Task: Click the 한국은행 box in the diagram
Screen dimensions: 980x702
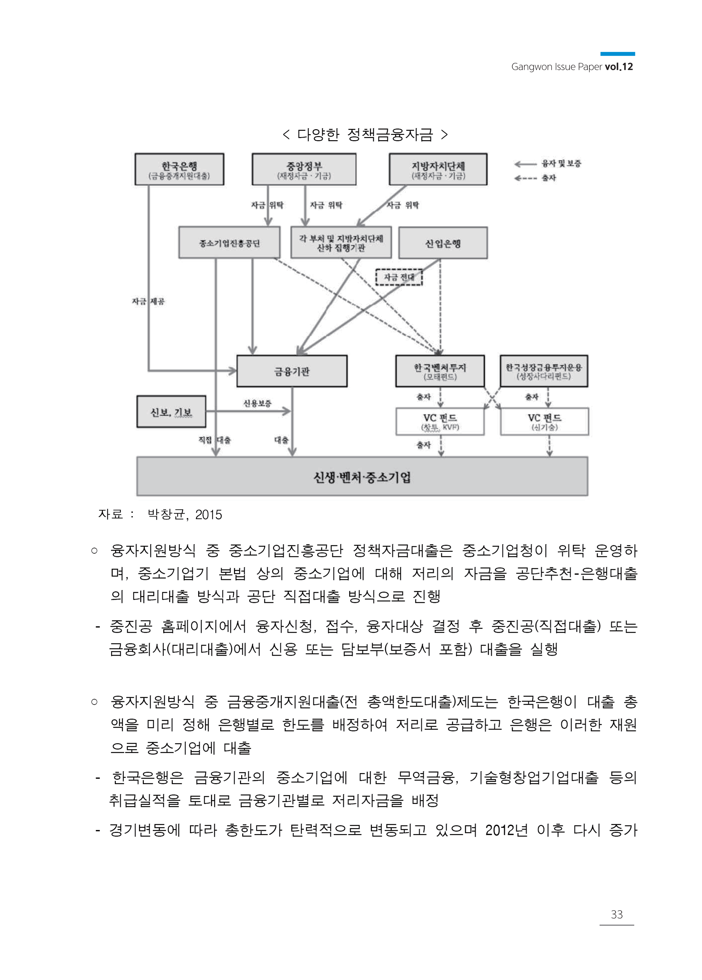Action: [x=179, y=169]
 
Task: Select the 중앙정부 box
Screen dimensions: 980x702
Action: [x=304, y=169]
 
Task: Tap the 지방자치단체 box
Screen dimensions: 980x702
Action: [x=438, y=169]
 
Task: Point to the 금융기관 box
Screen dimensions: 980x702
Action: [x=292, y=371]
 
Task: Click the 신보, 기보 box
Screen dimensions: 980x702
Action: [x=171, y=412]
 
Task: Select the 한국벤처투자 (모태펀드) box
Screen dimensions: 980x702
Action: [x=440, y=371]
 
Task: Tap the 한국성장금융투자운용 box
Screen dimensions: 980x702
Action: [x=544, y=371]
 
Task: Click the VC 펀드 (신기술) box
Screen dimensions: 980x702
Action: [x=544, y=421]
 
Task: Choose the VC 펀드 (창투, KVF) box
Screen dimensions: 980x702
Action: [x=440, y=421]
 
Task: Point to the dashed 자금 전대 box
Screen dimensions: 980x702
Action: [x=398, y=277]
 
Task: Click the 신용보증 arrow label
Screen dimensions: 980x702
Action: [x=257, y=403]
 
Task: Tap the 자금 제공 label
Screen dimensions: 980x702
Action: [x=148, y=301]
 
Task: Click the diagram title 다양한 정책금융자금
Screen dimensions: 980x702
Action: [x=365, y=135]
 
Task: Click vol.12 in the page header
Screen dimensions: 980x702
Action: [x=619, y=67]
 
